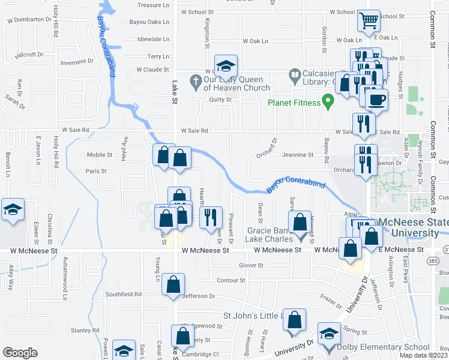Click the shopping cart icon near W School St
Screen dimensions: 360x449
click(369, 21)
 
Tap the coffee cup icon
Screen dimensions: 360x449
click(376, 100)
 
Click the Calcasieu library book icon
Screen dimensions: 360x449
click(295, 75)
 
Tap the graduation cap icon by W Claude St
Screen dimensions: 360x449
click(226, 65)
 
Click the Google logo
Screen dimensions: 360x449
click(20, 353)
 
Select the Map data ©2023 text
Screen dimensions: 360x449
click(424, 355)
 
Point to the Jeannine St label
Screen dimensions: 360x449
click(298, 155)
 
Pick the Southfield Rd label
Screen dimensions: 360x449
click(123, 294)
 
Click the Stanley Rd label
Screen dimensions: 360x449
click(85, 330)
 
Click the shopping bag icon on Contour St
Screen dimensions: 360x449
click(173, 284)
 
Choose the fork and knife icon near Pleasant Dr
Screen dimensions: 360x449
click(210, 217)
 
